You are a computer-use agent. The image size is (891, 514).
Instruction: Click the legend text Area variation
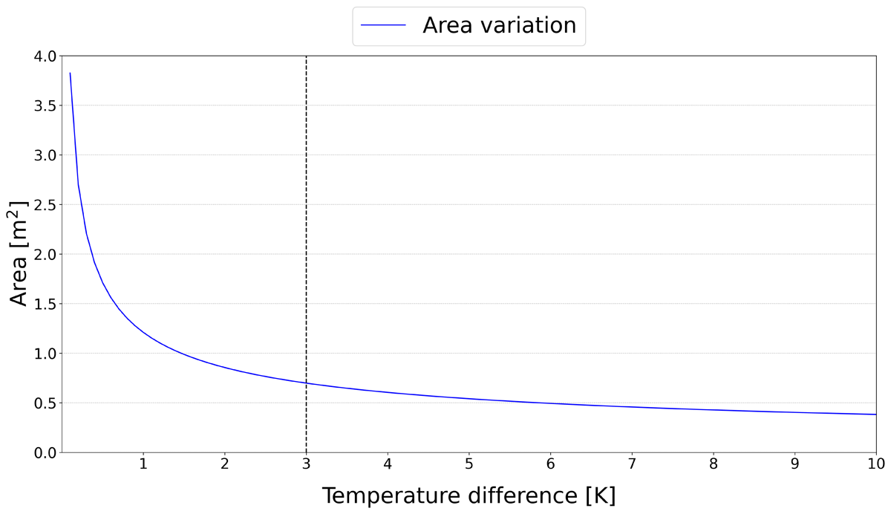pos(499,25)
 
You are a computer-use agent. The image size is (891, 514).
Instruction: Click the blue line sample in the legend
pos(383,25)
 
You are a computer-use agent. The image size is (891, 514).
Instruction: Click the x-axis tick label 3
pos(306,465)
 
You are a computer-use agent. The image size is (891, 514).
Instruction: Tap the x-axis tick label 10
pos(876,465)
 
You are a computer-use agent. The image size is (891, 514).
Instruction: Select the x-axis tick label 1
pos(143,465)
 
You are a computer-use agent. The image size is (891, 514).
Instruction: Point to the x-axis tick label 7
pos(632,465)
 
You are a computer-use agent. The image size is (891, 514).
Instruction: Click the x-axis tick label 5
pos(469,465)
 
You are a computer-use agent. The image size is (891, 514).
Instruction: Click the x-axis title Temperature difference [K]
pos(469,495)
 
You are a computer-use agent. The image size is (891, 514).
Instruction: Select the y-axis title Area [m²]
pos(19,253)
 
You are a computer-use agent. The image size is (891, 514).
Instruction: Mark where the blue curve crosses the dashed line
pos(306,383)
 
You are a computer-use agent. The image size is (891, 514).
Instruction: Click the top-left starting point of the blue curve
pos(70,73)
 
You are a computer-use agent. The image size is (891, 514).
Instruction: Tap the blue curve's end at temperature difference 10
pos(876,414)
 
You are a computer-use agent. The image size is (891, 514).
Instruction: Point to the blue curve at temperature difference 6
pos(550,403)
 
